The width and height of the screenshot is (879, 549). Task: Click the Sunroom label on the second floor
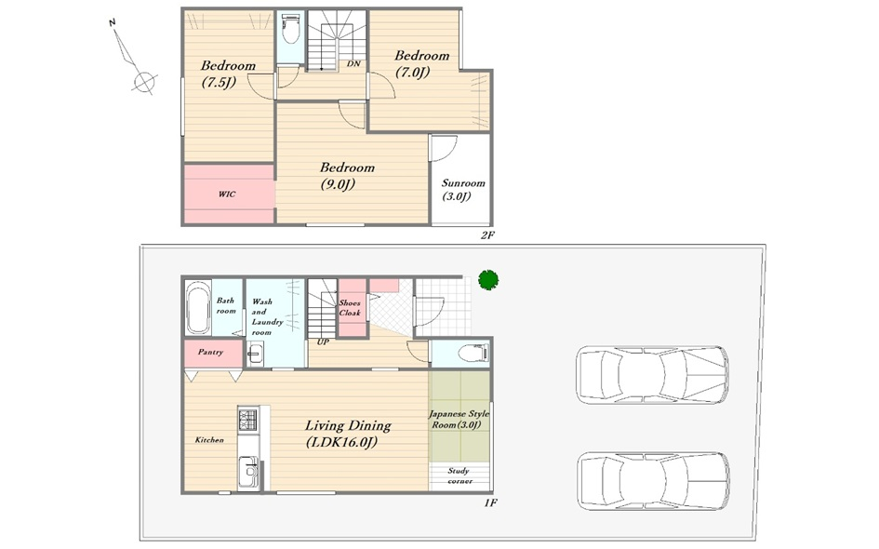[463, 190]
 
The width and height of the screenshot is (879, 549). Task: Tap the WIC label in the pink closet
[227, 194]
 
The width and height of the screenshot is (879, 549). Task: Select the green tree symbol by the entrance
[488, 280]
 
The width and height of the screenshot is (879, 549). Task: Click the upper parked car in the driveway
[653, 375]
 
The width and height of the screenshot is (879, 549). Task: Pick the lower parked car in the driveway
[654, 480]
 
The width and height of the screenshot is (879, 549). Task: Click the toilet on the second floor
[290, 29]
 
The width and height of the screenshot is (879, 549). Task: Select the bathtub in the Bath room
[197, 308]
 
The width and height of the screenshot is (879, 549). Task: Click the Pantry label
[210, 352]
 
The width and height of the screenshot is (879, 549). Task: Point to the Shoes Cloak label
[350, 308]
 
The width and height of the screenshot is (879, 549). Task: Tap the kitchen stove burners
[247, 419]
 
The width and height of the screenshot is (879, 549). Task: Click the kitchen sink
[247, 471]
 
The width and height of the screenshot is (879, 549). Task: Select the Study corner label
[459, 476]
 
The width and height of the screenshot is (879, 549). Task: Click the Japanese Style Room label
[459, 420]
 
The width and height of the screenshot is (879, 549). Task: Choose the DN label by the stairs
[353, 64]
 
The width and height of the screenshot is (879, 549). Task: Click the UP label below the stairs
[323, 342]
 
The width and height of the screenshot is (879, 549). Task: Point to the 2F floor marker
[487, 235]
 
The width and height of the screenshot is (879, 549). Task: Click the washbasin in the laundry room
[256, 354]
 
